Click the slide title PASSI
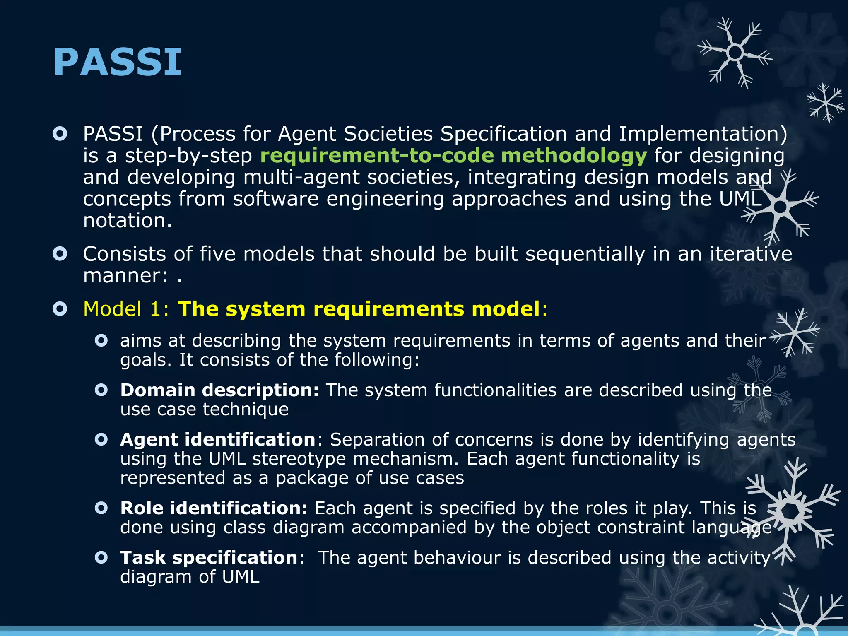[x=117, y=62]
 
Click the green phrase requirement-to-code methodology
[x=453, y=156]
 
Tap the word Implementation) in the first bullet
[x=703, y=134]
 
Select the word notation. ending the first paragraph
[x=127, y=220]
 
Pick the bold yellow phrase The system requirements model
[x=359, y=309]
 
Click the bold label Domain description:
[x=219, y=390]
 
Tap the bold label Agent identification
[x=218, y=439]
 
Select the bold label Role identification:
[x=214, y=508]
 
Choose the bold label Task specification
[x=209, y=557]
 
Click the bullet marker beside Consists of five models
[x=60, y=254]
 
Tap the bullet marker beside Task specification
[x=101, y=557]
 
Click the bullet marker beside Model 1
[x=60, y=309]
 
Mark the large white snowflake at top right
[x=735, y=53]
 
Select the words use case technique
[x=204, y=410]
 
